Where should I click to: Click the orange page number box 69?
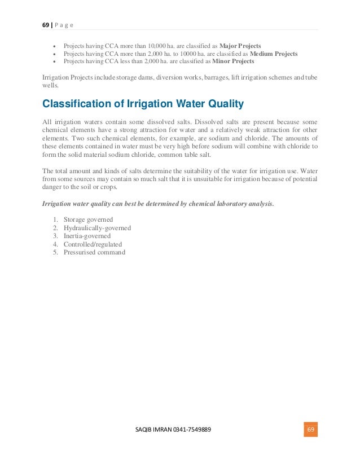pos(310,429)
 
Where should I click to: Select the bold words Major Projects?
pos(240,45)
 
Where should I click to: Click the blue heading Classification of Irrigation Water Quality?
pos(143,103)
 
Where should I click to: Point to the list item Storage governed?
pos(88,219)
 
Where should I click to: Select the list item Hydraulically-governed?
pos(97,228)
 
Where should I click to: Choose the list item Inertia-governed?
pos(87,236)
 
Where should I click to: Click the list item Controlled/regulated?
pos(93,244)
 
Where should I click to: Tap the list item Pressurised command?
pos(94,252)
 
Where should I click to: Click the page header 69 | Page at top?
pos(58,24)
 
